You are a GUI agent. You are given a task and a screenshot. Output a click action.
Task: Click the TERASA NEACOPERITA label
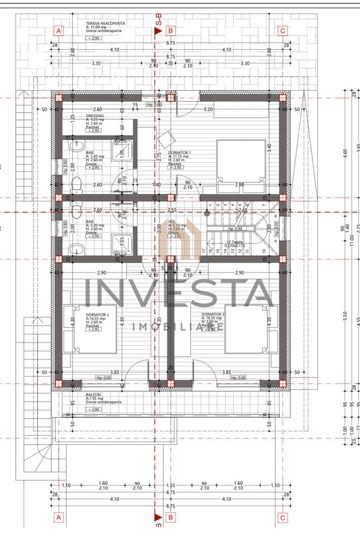pos(106,23)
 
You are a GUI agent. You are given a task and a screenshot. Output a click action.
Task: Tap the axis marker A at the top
pos(59,30)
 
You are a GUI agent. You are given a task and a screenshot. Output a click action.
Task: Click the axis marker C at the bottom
pos(283,518)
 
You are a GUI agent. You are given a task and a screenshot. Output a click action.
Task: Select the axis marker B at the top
pos(171,30)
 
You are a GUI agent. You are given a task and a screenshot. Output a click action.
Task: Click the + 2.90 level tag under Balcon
pos(93,409)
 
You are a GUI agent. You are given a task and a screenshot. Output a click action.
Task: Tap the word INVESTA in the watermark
pos(179,294)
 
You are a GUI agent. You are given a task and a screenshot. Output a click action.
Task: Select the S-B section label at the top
pos(159,21)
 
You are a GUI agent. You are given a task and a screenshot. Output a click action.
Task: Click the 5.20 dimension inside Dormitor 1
pos(208,109)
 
